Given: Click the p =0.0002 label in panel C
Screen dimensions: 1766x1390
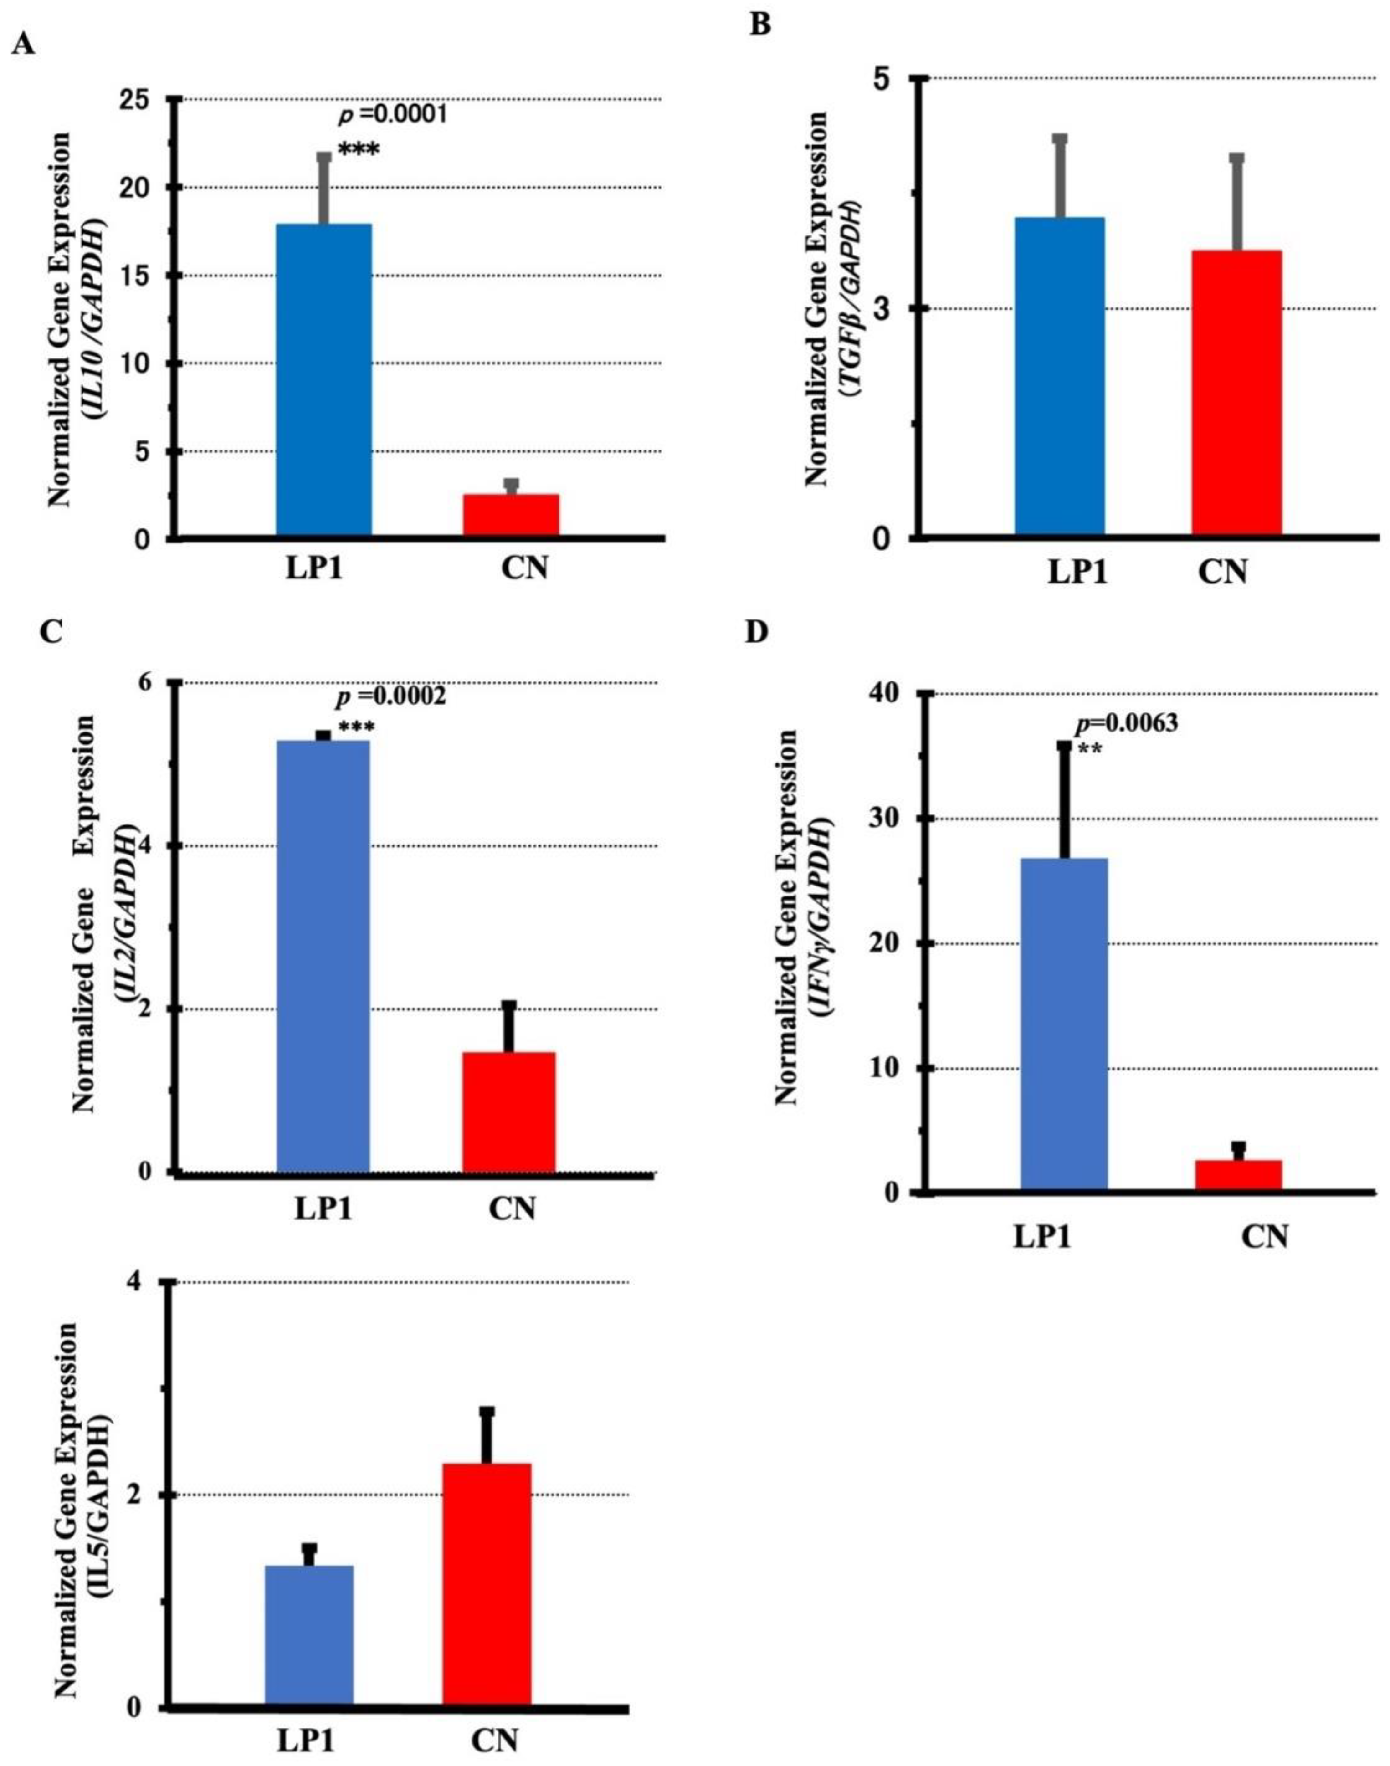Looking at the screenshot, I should click(x=390, y=696).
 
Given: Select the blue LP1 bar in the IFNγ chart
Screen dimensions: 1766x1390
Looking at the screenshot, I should click(x=1064, y=1025).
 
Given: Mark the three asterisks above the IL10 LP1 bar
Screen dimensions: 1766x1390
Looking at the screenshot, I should click(x=358, y=150).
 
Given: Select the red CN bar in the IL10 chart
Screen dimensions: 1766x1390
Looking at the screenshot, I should click(x=510, y=514).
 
